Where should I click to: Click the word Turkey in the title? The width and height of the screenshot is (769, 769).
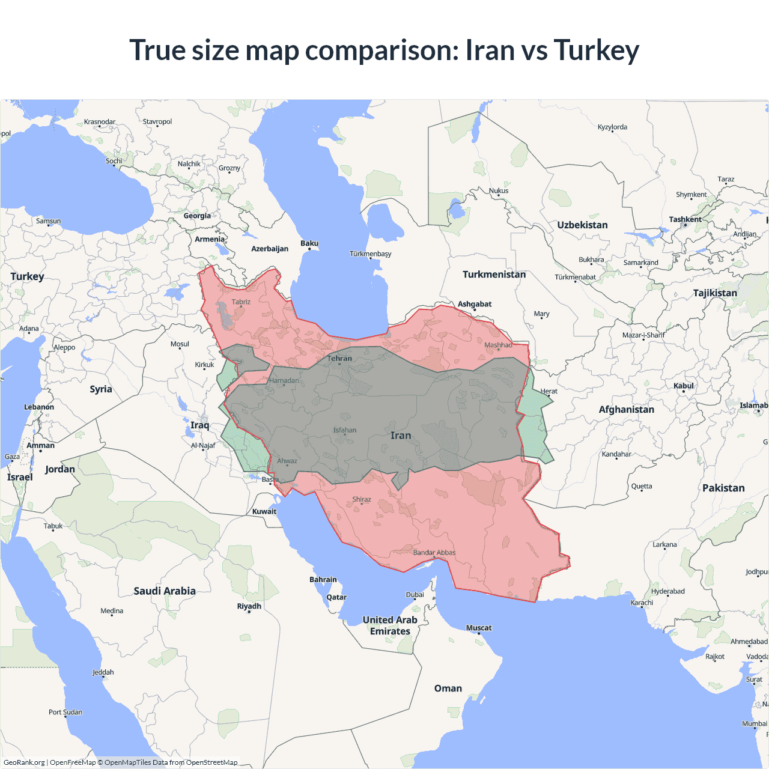click(596, 50)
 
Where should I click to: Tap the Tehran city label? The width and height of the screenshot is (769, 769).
click(339, 359)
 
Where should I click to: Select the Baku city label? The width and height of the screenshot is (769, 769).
click(309, 243)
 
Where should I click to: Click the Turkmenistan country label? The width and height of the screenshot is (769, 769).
click(494, 275)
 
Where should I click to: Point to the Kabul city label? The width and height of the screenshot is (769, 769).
click(684, 386)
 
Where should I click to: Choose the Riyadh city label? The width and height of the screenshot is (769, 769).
click(249, 606)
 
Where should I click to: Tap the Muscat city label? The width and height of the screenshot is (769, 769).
click(479, 628)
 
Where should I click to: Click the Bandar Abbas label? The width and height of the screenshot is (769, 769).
click(434, 553)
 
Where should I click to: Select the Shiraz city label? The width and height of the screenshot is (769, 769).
click(362, 499)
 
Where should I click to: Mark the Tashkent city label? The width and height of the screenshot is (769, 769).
click(685, 219)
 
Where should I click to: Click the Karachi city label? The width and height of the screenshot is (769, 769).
click(642, 603)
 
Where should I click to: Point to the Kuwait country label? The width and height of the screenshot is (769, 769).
click(264, 512)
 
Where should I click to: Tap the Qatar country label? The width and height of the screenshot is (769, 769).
click(336, 597)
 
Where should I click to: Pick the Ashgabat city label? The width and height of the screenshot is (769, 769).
click(475, 304)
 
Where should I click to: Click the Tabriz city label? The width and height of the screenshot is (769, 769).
click(241, 302)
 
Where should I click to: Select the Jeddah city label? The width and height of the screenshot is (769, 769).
click(103, 672)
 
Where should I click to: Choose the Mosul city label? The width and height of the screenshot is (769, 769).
click(180, 344)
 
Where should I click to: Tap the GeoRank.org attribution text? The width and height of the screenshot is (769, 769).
click(24, 762)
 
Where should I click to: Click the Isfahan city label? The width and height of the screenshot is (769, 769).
click(345, 430)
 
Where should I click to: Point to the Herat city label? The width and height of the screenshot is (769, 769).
click(549, 391)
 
